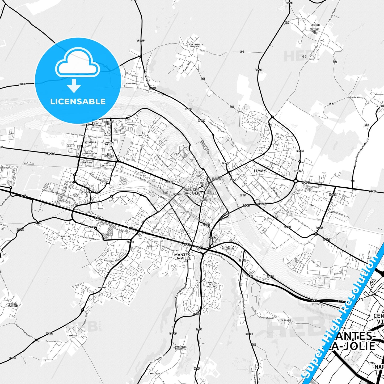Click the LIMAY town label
260,171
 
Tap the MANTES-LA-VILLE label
183,256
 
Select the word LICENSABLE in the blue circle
78,102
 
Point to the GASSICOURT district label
144,135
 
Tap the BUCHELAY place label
65,236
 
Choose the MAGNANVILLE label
104,287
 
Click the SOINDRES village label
72,336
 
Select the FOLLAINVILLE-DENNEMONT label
195,45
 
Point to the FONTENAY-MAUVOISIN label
13,305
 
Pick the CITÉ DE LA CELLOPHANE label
228,248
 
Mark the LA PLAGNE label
286,320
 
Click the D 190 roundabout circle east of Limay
296,181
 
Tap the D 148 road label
22,84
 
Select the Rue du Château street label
266,318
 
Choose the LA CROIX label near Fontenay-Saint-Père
315,25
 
